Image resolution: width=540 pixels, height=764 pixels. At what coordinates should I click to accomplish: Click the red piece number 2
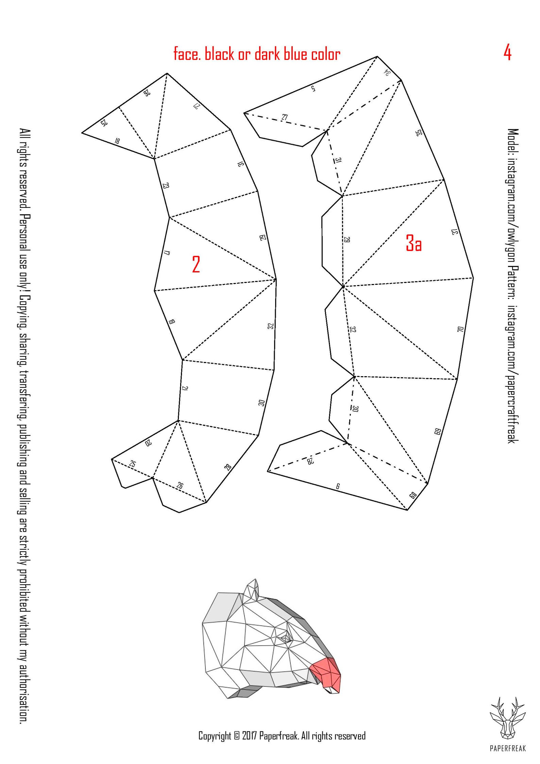pos(196,264)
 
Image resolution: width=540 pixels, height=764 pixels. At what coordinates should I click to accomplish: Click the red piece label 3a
pos(414,244)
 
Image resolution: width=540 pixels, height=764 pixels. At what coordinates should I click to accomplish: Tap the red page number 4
pos(507,53)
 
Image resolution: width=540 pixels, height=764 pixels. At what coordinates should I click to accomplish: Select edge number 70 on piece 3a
pos(460,329)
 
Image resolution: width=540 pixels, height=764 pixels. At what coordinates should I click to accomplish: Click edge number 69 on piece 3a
pos(438,431)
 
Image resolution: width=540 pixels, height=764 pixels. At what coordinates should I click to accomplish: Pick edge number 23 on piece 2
pos(166,186)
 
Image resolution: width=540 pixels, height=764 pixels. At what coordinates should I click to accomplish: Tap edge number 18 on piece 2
pos(117,140)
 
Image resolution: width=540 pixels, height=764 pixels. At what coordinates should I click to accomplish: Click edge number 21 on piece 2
pos(185,388)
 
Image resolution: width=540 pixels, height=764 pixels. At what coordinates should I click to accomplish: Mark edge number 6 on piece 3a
pos(337,486)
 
